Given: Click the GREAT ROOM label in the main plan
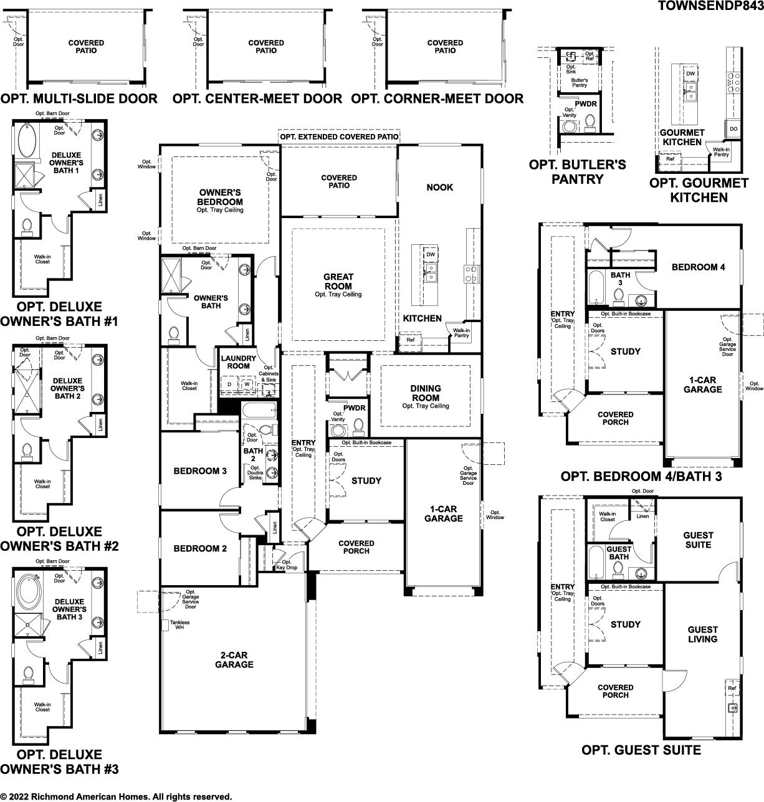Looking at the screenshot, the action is (338, 282).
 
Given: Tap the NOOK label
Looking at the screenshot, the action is (439, 187).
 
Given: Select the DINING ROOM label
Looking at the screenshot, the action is (425, 393).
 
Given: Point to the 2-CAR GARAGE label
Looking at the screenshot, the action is (234, 660).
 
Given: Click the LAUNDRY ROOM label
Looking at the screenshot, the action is (238, 362).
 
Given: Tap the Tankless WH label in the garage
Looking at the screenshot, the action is (179, 624).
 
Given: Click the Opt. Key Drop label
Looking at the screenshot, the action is (287, 565).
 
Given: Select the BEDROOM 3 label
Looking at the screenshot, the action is (200, 470).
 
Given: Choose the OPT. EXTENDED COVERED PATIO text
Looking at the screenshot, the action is (339, 136).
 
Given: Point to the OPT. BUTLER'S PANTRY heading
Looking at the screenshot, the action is (578, 172).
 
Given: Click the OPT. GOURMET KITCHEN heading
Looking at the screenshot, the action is (699, 190).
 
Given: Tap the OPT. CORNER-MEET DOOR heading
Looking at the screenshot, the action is (437, 98).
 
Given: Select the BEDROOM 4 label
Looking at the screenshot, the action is (699, 267).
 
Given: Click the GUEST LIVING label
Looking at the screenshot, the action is (702, 634).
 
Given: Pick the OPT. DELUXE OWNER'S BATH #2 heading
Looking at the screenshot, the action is (60, 538).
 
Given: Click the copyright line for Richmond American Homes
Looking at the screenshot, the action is (116, 796).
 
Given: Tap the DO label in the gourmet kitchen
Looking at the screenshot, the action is (733, 129).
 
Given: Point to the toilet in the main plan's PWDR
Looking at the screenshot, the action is (358, 426).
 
